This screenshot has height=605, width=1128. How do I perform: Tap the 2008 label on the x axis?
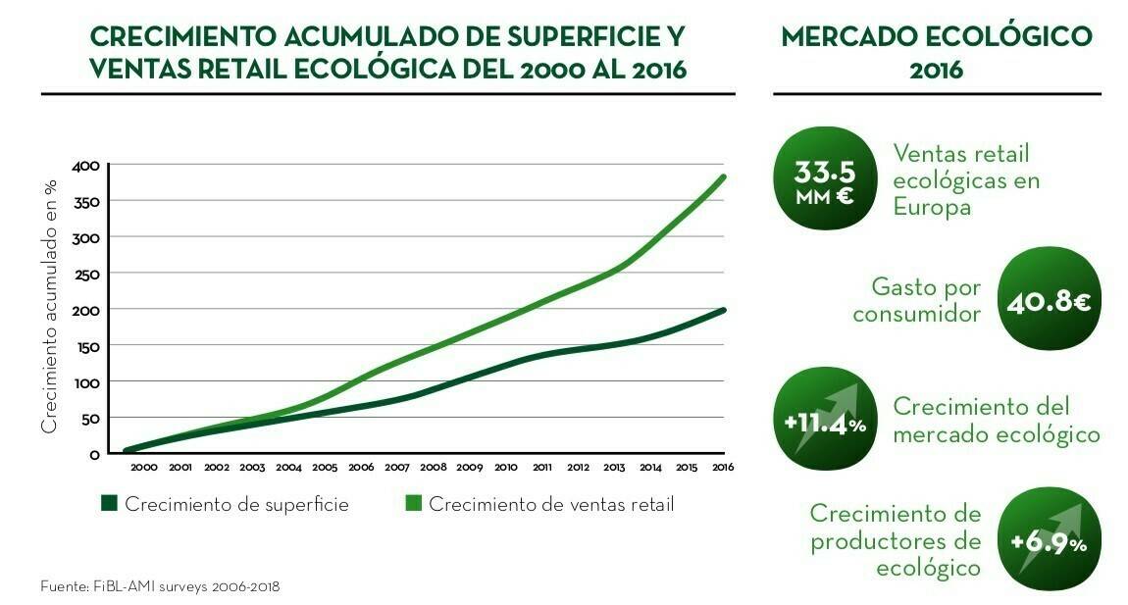coord(434,468)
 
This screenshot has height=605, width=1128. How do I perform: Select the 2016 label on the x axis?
coord(723,468)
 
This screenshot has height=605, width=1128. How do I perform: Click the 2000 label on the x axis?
coord(144,468)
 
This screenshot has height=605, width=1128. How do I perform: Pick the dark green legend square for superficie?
coord(109,504)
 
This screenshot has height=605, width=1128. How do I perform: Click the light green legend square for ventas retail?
coord(413,504)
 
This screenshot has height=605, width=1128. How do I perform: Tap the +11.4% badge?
coord(824,423)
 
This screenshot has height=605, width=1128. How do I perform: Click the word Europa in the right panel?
coord(931,208)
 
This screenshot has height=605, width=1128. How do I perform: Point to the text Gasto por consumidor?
coord(916,301)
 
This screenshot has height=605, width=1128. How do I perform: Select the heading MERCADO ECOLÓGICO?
coord(936,37)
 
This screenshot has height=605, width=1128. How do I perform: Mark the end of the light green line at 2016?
coord(724,176)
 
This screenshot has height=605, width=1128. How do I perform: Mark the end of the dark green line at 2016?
coord(724,310)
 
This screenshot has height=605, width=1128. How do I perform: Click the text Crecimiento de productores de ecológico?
coord(895,540)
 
